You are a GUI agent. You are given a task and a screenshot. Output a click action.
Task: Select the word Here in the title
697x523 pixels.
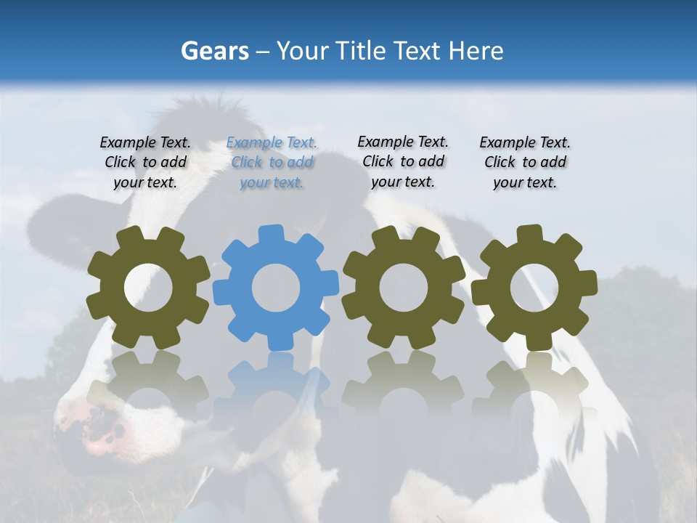476,51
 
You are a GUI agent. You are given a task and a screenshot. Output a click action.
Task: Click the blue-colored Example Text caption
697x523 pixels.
272,163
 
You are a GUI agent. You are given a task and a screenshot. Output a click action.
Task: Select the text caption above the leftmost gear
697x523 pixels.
145,163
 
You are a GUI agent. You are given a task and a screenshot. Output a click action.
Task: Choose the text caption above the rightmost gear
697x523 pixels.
525,163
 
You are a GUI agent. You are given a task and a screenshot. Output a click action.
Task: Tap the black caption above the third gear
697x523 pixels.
403,161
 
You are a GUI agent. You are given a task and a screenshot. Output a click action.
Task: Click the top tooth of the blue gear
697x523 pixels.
272,234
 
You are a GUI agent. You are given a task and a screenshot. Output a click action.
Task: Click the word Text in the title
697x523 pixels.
418,51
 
